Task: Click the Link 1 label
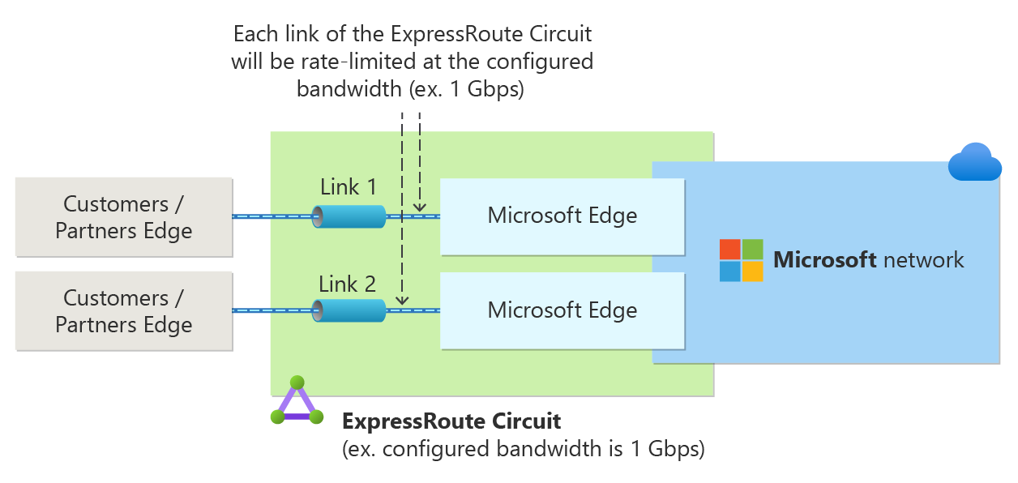click(349, 187)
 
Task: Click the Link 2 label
click(348, 284)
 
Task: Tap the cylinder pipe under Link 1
click(349, 216)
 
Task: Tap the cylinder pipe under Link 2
click(349, 310)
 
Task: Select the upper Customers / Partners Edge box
click(124, 217)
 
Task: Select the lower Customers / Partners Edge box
click(124, 311)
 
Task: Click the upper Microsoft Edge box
click(562, 216)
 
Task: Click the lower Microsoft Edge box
click(562, 310)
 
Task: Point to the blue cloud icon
click(974, 162)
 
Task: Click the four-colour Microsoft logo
click(741, 260)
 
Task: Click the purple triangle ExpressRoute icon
click(297, 402)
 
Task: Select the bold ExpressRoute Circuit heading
click(451, 421)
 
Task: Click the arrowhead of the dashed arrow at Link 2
click(402, 302)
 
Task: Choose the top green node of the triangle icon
click(297, 383)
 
